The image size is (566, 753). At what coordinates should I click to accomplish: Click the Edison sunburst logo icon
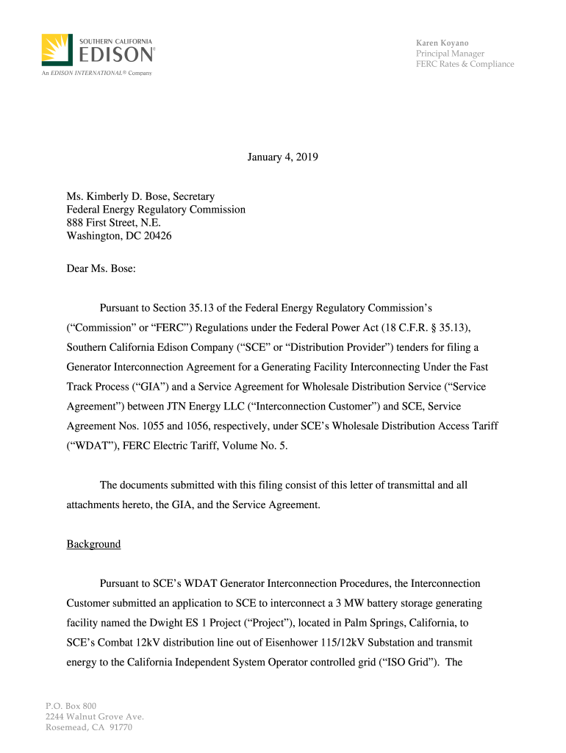57,50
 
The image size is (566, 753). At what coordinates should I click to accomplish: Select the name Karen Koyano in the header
443,43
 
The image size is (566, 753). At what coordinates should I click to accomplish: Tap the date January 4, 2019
283,157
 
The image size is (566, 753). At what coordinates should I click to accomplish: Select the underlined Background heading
93,544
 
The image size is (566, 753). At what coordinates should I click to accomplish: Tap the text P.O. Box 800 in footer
71,706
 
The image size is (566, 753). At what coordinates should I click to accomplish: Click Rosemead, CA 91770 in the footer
88,727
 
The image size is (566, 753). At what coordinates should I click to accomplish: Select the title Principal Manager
450,54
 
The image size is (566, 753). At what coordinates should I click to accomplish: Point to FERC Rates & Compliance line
465,64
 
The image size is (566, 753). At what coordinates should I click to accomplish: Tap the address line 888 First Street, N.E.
113,223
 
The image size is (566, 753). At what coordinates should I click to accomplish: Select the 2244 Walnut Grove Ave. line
94,717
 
